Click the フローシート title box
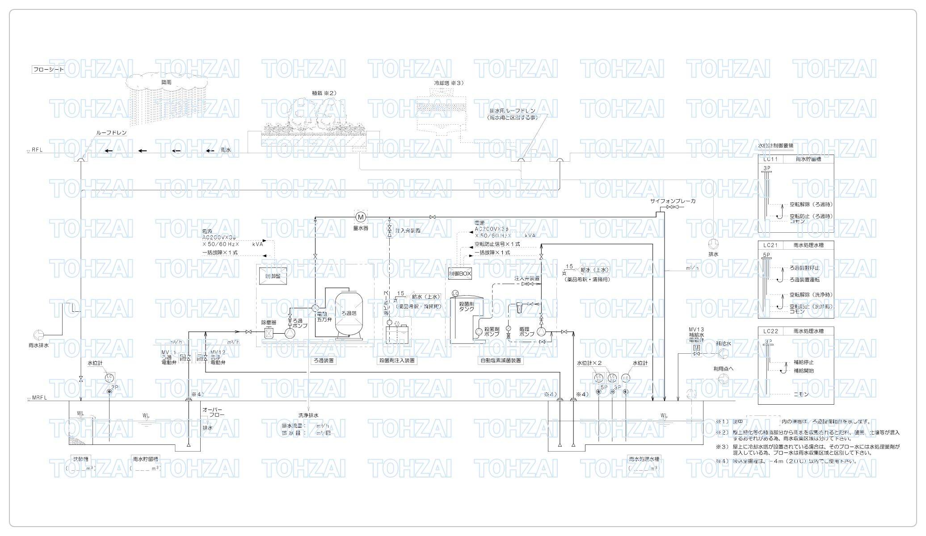pyautogui.click(x=48, y=70)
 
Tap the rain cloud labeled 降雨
pyautogui.click(x=166, y=83)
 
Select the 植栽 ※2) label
pyautogui.click(x=324, y=93)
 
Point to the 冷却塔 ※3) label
pyautogui.click(x=449, y=83)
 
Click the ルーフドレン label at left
pyautogui.click(x=111, y=133)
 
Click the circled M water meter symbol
pyautogui.click(x=361, y=217)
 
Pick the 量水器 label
pyautogui.click(x=361, y=228)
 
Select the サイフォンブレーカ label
pyautogui.click(x=673, y=201)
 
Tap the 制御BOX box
pyautogui.click(x=460, y=273)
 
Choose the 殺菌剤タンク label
pyautogui.click(x=466, y=306)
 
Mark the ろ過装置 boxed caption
pyautogui.click(x=324, y=360)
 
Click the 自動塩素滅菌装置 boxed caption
pyautogui.click(x=501, y=360)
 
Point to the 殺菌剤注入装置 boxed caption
pyautogui.click(x=397, y=360)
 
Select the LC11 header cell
pyautogui.click(x=770, y=159)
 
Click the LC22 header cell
pyautogui.click(x=770, y=331)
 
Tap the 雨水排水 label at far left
pyautogui.click(x=38, y=345)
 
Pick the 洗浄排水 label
pyautogui.click(x=308, y=415)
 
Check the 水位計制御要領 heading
pyautogui.click(x=775, y=146)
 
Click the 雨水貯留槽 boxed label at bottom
pyautogui.click(x=145, y=459)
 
